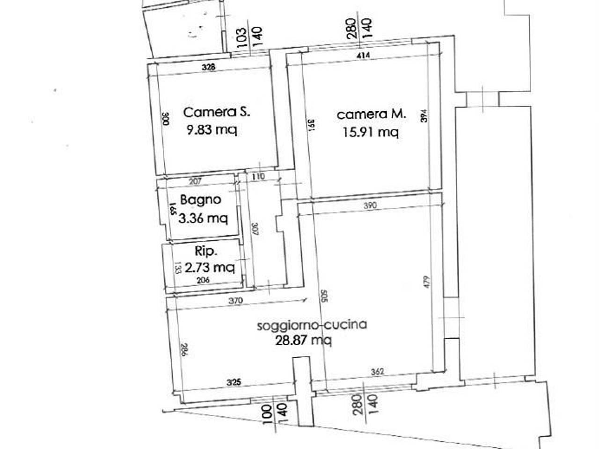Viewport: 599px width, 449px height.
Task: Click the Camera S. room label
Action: pyautogui.click(x=217, y=112)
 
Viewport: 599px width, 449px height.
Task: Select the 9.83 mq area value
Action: pyautogui.click(x=212, y=130)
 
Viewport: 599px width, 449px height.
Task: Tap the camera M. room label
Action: pyautogui.click(x=372, y=114)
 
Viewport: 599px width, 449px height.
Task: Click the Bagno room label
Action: pyautogui.click(x=200, y=200)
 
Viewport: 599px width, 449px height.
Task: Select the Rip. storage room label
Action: pyautogui.click(x=206, y=251)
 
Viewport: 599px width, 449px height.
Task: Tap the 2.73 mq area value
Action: pyautogui.click(x=210, y=268)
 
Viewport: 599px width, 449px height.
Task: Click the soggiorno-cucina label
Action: pyautogui.click(x=312, y=325)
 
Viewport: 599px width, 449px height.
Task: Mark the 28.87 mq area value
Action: pyautogui.click(x=304, y=340)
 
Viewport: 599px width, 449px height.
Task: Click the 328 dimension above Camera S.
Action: pyautogui.click(x=209, y=67)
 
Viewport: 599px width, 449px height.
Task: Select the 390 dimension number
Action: pyautogui.click(x=369, y=205)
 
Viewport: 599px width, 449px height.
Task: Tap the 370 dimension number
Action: pyautogui.click(x=235, y=302)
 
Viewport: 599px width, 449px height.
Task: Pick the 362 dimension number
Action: pyautogui.click(x=377, y=372)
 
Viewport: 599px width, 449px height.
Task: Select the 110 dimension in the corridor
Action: pyautogui.click(x=258, y=176)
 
